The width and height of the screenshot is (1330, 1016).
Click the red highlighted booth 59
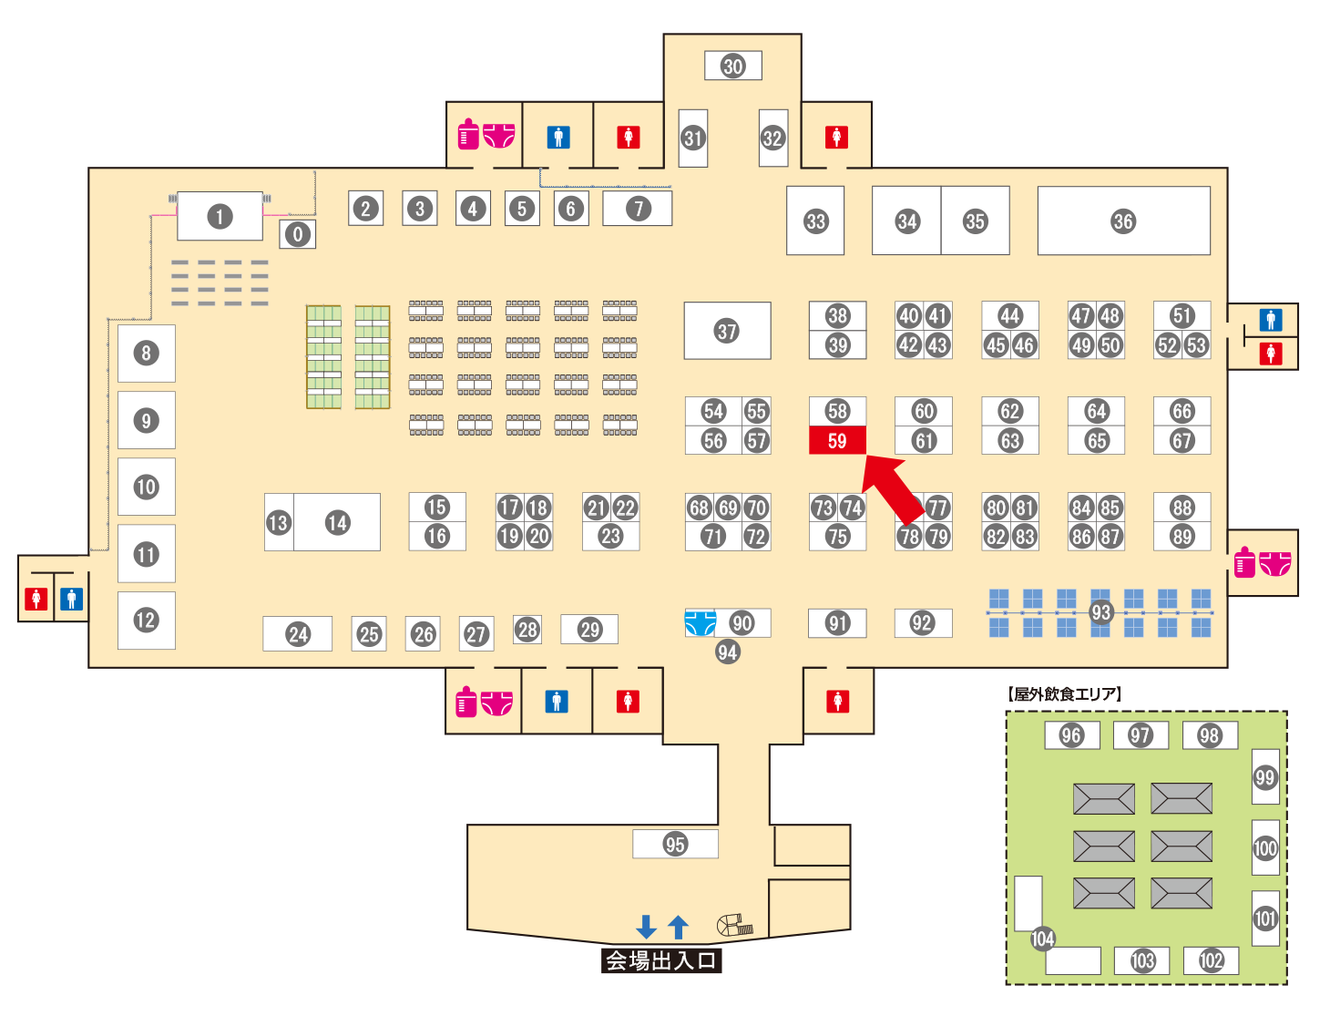click(x=837, y=441)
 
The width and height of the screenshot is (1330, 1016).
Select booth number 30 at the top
click(x=733, y=66)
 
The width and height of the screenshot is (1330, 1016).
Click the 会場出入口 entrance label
click(x=661, y=960)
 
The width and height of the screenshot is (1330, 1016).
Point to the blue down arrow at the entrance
click(x=646, y=927)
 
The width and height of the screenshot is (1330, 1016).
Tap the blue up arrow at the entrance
click(x=678, y=927)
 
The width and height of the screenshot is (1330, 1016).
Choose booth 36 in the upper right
click(x=1123, y=221)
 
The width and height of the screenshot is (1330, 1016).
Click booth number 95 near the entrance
click(x=675, y=844)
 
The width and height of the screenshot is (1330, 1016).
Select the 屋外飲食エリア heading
click(x=1065, y=694)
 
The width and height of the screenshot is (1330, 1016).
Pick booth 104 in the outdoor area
click(x=1042, y=939)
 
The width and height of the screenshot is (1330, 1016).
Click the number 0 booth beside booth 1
click(x=297, y=234)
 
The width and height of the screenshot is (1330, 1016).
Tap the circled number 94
click(x=727, y=652)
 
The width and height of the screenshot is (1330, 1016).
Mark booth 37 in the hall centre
click(x=727, y=331)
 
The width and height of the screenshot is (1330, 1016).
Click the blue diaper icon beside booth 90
click(x=699, y=623)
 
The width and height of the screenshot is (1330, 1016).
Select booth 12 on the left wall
click(x=146, y=621)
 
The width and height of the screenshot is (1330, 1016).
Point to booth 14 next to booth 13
click(x=338, y=522)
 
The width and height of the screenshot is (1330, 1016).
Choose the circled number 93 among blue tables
click(x=1101, y=612)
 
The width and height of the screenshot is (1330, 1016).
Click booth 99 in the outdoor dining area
click(x=1264, y=776)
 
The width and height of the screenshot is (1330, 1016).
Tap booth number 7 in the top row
click(x=638, y=209)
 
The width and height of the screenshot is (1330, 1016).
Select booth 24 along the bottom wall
click(x=298, y=634)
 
